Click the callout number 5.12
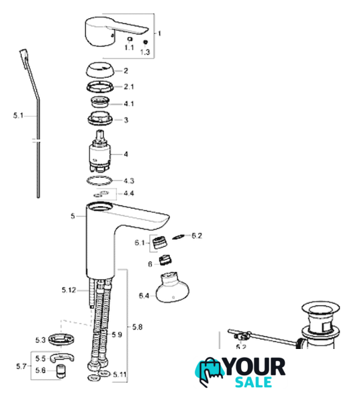pyautogui.click(x=69, y=290)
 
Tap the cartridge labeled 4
pyautogui.click(x=100, y=152)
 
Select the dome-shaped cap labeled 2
pyautogui.click(x=100, y=70)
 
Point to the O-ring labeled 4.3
pyautogui.click(x=99, y=181)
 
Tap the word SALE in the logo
pyautogui.click(x=254, y=381)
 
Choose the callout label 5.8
pyautogui.click(x=137, y=327)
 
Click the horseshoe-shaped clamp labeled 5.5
pyautogui.click(x=62, y=357)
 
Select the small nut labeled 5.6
pyautogui.click(x=60, y=370)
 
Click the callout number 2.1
pyautogui.click(x=129, y=87)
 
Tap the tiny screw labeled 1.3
pyautogui.click(x=145, y=42)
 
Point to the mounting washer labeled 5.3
pyautogui.click(x=61, y=339)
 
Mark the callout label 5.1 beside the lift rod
pyautogui.click(x=18, y=115)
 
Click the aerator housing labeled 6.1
pyautogui.click(x=160, y=242)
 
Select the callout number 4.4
pyautogui.click(x=129, y=193)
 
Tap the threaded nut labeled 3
pyautogui.click(x=101, y=118)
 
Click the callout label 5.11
pyautogui.click(x=120, y=374)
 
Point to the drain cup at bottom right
pyautogui.click(x=320, y=325)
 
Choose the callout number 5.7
pyautogui.click(x=21, y=366)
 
